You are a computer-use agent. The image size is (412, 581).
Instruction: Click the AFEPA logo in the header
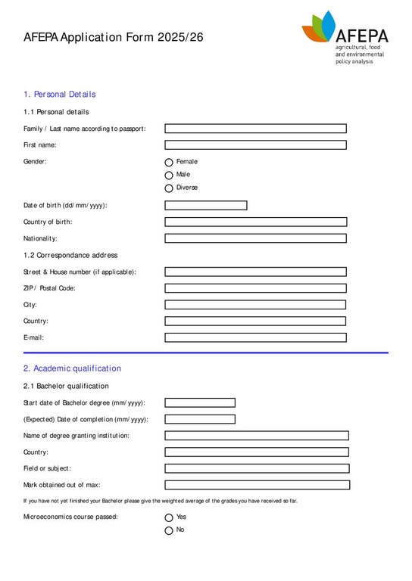345,36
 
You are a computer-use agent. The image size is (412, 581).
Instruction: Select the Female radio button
169,162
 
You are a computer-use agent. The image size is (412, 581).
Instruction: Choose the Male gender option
169,175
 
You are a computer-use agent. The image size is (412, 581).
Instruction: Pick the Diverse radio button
169,188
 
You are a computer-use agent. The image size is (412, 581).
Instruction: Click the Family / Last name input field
255,129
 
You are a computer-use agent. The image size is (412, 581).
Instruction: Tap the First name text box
255,144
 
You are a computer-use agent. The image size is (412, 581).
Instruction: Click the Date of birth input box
206,205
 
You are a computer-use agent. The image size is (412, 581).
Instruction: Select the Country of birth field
255,222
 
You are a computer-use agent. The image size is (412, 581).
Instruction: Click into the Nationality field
255,238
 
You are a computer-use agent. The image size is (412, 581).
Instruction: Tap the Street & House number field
255,272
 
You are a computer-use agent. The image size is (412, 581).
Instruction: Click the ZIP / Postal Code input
255,288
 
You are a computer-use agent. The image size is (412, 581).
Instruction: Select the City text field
255,305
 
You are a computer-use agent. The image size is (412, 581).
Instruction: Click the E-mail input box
255,337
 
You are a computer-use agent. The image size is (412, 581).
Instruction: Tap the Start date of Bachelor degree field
200,402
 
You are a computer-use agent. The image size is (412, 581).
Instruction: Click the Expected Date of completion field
200,419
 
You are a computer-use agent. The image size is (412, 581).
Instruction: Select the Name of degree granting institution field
257,436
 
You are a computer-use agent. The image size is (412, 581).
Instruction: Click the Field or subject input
257,468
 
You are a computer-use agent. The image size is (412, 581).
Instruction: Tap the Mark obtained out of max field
257,485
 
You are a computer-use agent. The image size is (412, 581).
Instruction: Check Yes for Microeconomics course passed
169,517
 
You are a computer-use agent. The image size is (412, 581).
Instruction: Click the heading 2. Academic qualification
72,368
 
